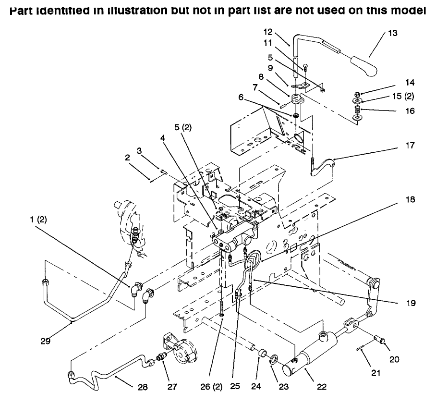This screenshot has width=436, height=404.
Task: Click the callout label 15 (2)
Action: coord(401,96)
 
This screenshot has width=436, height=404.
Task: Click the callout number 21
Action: coord(375,373)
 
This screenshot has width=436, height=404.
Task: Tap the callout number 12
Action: coord(268,32)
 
